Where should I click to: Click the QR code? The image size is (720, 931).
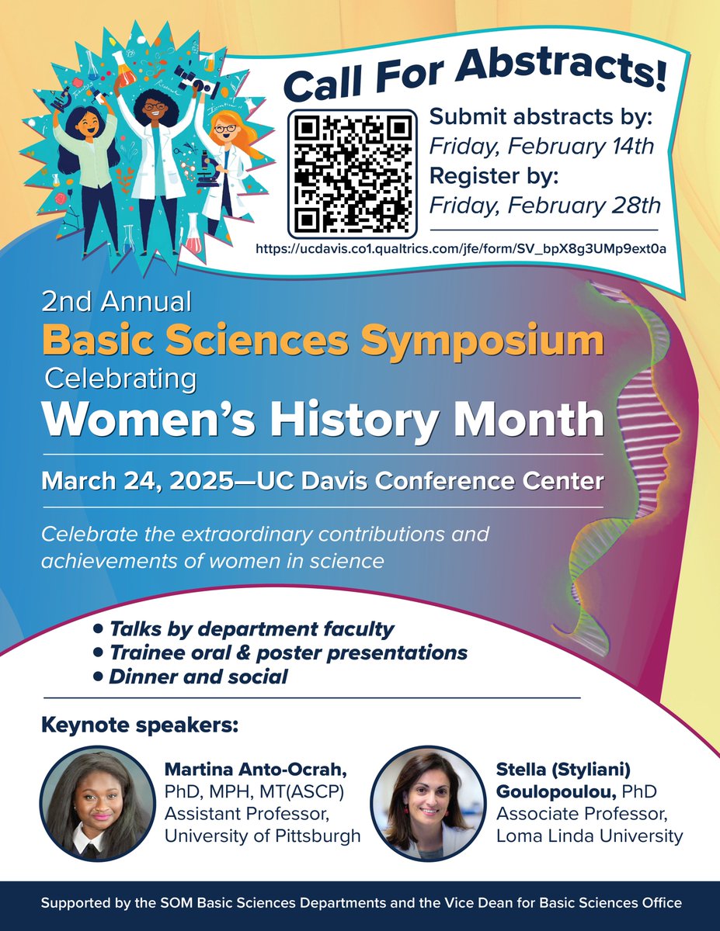pyautogui.click(x=353, y=173)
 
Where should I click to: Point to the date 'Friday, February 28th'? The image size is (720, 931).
pyautogui.click(x=544, y=205)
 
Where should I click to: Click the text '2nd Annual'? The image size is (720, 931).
pyautogui.click(x=117, y=299)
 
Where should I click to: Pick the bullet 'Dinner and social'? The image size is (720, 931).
pyautogui.click(x=197, y=677)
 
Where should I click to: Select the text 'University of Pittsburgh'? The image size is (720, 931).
pyautogui.click(x=263, y=836)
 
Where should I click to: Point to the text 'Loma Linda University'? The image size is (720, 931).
pyautogui.click(x=590, y=836)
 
